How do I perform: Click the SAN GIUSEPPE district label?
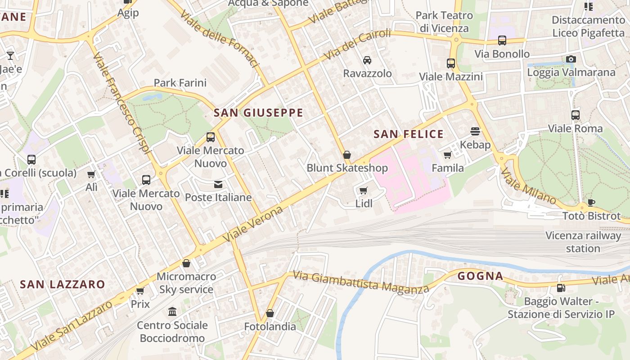pyautogui.click(x=258, y=112)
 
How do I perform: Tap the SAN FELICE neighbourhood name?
pyautogui.click(x=409, y=134)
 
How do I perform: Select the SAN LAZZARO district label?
pyautogui.click(x=63, y=284)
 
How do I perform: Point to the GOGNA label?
pyautogui.click(x=480, y=276)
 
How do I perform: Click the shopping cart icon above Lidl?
pyautogui.click(x=364, y=190)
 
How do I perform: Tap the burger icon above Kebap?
pyautogui.click(x=475, y=131)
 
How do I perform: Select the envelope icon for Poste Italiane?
pyautogui.click(x=218, y=184)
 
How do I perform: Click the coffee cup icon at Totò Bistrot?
pyautogui.click(x=591, y=203)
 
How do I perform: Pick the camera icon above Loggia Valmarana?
pyautogui.click(x=571, y=59)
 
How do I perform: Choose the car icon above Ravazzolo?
pyautogui.click(x=367, y=60)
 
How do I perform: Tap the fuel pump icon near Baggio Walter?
pyautogui.click(x=561, y=288)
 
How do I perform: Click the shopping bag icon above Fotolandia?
pyautogui.click(x=270, y=313)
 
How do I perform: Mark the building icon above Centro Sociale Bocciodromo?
pyautogui.click(x=172, y=311)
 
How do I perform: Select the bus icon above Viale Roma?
pyautogui.click(x=576, y=115)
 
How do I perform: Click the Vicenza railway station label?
pyautogui.click(x=583, y=242)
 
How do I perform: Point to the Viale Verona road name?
pyautogui.click(x=255, y=224)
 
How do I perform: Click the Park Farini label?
pyautogui.click(x=180, y=83)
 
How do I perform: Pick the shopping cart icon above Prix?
pyautogui.click(x=140, y=291)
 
